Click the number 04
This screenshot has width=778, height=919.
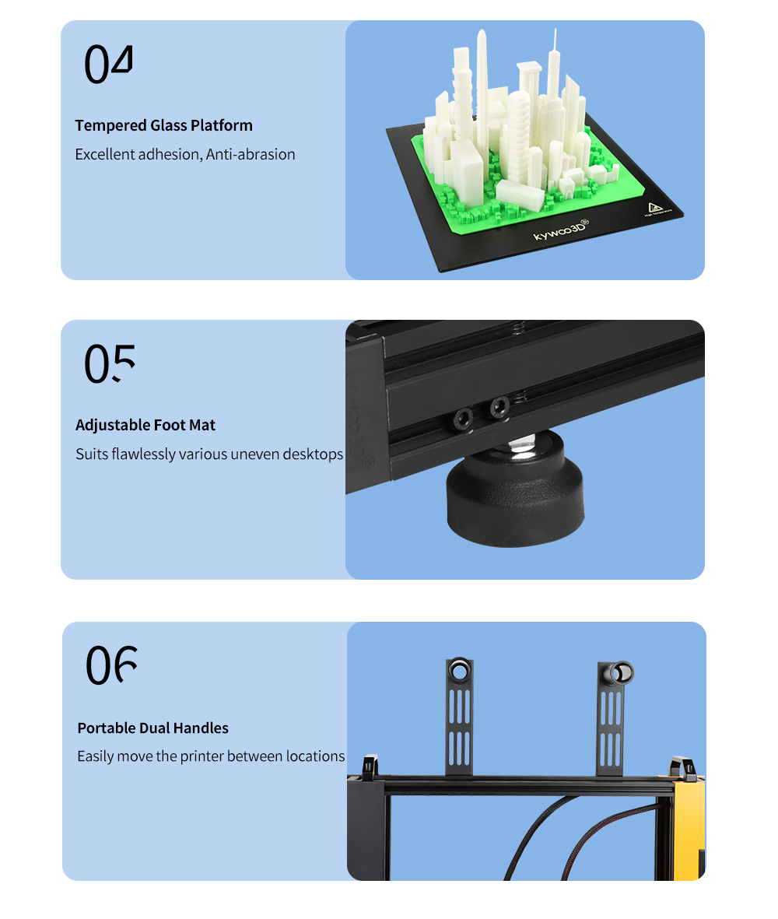pyautogui.click(x=109, y=63)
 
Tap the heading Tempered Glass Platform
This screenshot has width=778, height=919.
pyautogui.click(x=164, y=125)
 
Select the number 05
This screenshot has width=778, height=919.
pyautogui.click(x=110, y=363)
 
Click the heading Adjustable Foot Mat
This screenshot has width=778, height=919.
pyautogui.click(x=145, y=425)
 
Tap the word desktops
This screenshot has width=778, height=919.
pyautogui.click(x=313, y=454)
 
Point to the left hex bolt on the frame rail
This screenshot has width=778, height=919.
pyautogui.click(x=463, y=419)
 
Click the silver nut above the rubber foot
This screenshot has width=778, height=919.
pyautogui.click(x=520, y=445)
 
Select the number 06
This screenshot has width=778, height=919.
pyautogui.click(x=111, y=665)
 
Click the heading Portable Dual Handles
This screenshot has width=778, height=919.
pyautogui.click(x=153, y=728)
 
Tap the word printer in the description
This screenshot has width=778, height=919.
pyautogui.click(x=202, y=756)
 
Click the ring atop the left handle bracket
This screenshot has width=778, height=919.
pyautogui.click(x=459, y=669)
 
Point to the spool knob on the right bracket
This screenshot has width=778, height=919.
pyautogui.click(x=619, y=673)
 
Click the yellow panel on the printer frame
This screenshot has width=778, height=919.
pyautogui.click(x=689, y=829)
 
